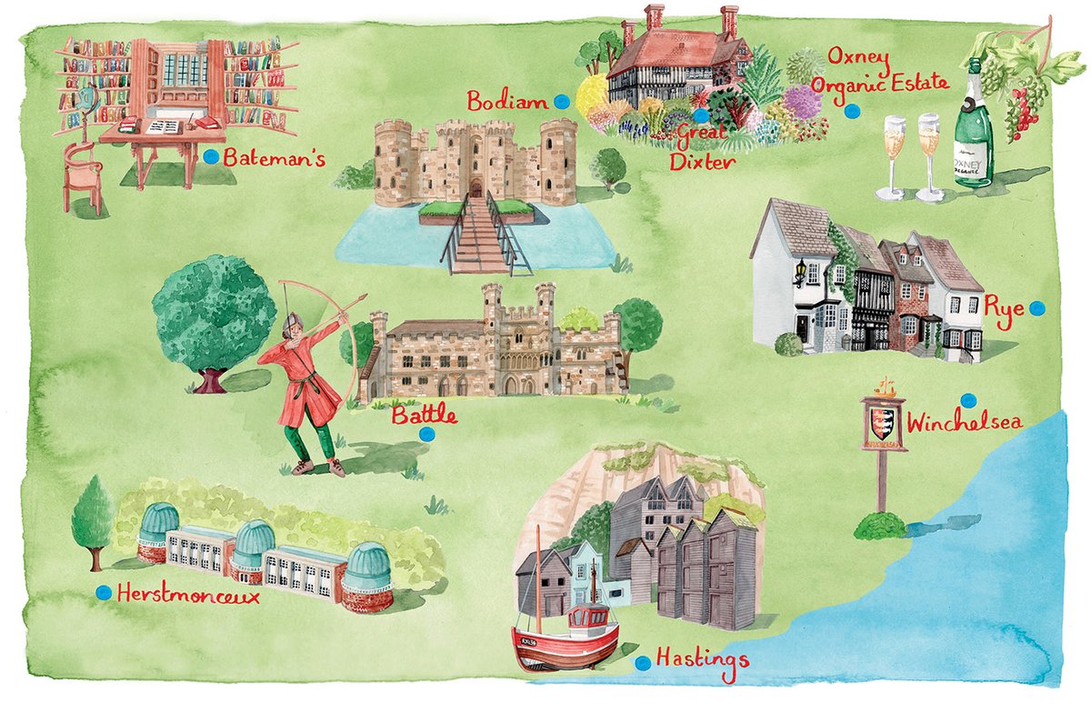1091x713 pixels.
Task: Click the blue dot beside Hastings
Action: (643, 663)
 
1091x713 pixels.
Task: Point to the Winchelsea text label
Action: (965, 424)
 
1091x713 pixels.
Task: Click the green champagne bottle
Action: (974, 127)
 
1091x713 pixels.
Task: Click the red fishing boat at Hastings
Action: (565, 641)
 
